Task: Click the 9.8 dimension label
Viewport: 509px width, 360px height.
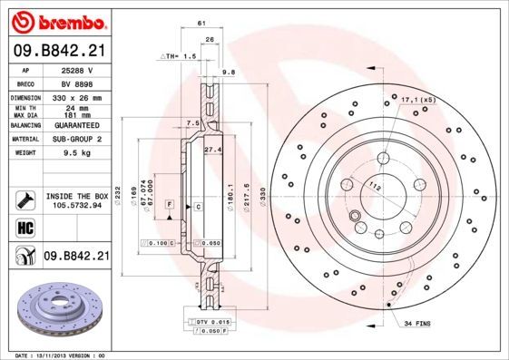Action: pos(229,70)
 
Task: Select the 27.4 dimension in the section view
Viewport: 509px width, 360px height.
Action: pos(213,149)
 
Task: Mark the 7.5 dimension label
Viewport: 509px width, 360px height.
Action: pos(192,122)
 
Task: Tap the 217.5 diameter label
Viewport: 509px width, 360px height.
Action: pos(247,197)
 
